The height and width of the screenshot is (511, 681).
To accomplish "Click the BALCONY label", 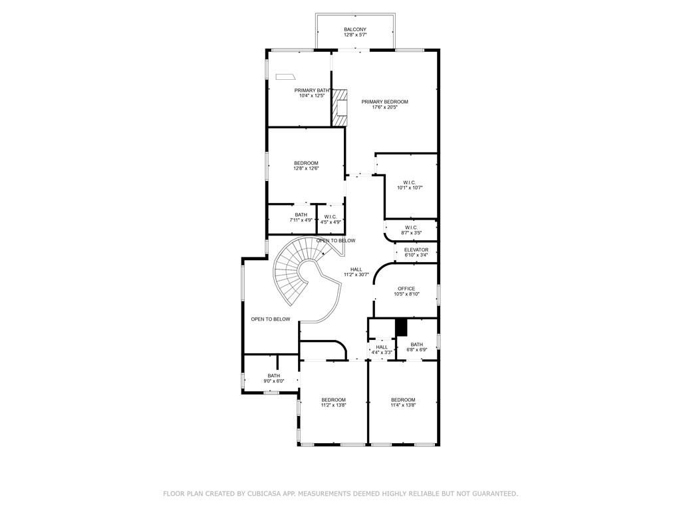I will (x=355, y=29).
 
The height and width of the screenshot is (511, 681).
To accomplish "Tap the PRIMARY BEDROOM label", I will (x=384, y=102).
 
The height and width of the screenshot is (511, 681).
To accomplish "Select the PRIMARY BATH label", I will (x=312, y=90).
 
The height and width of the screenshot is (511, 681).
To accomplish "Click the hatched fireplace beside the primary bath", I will (x=341, y=107).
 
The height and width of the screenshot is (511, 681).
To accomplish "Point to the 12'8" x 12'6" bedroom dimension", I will (x=307, y=169).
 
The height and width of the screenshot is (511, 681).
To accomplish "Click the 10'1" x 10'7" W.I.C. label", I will (x=410, y=185).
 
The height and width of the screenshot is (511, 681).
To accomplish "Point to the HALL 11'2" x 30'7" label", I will (x=356, y=271).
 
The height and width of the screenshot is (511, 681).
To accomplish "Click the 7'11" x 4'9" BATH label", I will (x=301, y=217).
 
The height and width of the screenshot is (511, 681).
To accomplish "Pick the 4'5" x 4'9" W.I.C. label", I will (x=331, y=220).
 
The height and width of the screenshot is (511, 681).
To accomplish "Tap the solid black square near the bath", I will (x=401, y=327).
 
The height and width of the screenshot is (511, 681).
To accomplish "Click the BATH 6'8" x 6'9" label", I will (x=417, y=347).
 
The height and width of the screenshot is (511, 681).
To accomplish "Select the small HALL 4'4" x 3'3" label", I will (x=382, y=349).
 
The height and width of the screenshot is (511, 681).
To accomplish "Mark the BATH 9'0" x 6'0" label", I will (x=274, y=378).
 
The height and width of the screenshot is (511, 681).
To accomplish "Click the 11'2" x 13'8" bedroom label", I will (x=333, y=403).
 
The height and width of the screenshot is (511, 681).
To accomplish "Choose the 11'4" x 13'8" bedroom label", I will (x=403, y=403).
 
